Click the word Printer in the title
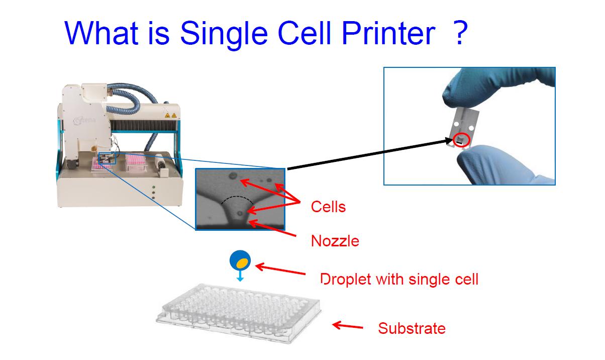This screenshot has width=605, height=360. tap(388, 33)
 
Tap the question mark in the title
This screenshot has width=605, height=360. tap(460, 33)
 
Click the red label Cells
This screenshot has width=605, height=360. tap(328, 207)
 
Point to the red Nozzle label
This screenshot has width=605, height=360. tap(335, 240)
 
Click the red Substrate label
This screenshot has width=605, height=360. tap(412, 328)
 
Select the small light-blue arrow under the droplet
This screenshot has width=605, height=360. tap(240, 276)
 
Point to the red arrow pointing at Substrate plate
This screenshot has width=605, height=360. tap(348, 325)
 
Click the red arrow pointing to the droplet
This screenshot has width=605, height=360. tap(280, 269)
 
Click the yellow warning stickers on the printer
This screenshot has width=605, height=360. tap(171, 116)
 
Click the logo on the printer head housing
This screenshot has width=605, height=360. tap(84, 120)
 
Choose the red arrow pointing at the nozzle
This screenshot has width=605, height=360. tap(272, 229)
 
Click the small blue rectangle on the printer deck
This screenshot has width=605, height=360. tap(107, 158)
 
